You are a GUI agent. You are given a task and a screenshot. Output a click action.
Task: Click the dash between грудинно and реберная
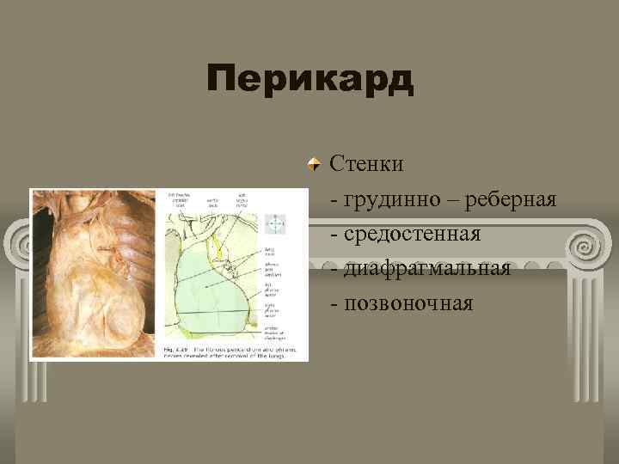tap(449, 200)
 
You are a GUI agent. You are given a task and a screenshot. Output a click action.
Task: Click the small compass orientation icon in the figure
tap(276, 224)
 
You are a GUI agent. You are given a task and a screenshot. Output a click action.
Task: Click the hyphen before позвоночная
tap(334, 303)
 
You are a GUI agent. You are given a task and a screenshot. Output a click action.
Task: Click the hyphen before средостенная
tap(334, 235)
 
